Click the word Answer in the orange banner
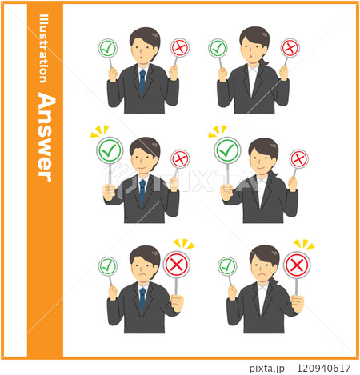pyautogui.click(x=46, y=137)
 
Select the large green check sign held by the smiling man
pyautogui.click(x=109, y=150)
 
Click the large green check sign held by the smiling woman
pyautogui.click(x=227, y=150)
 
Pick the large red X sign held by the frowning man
pyautogui.click(x=177, y=263)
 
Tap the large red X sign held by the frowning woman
pyautogui.click(x=297, y=264)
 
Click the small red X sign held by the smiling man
pyautogui.click(x=181, y=158)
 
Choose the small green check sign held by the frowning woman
pyautogui.click(x=227, y=266)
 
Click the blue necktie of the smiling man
pyautogui.click(x=142, y=190)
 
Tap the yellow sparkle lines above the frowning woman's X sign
pyautogui.click(x=303, y=244)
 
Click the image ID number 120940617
pyautogui.click(x=324, y=368)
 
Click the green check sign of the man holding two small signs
pyautogui.click(x=108, y=48)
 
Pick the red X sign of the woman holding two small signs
pyautogui.click(x=290, y=48)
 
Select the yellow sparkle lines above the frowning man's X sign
pyautogui.click(x=184, y=243)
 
